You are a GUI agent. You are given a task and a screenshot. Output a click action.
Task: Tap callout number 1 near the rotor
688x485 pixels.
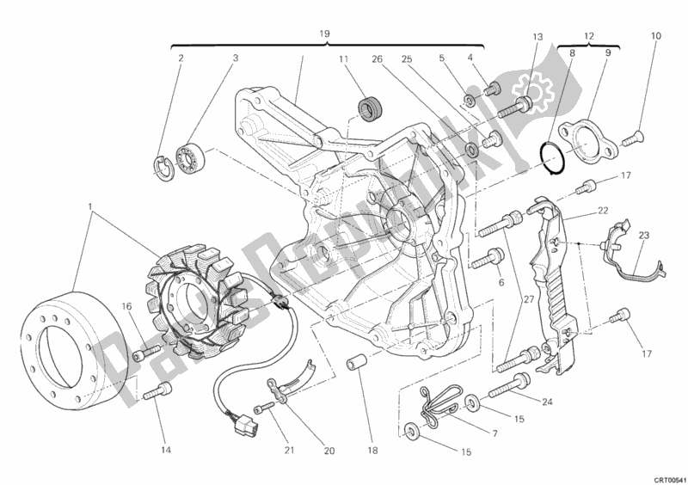point(90,207)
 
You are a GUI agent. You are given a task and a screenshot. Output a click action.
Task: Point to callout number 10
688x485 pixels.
point(655,36)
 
